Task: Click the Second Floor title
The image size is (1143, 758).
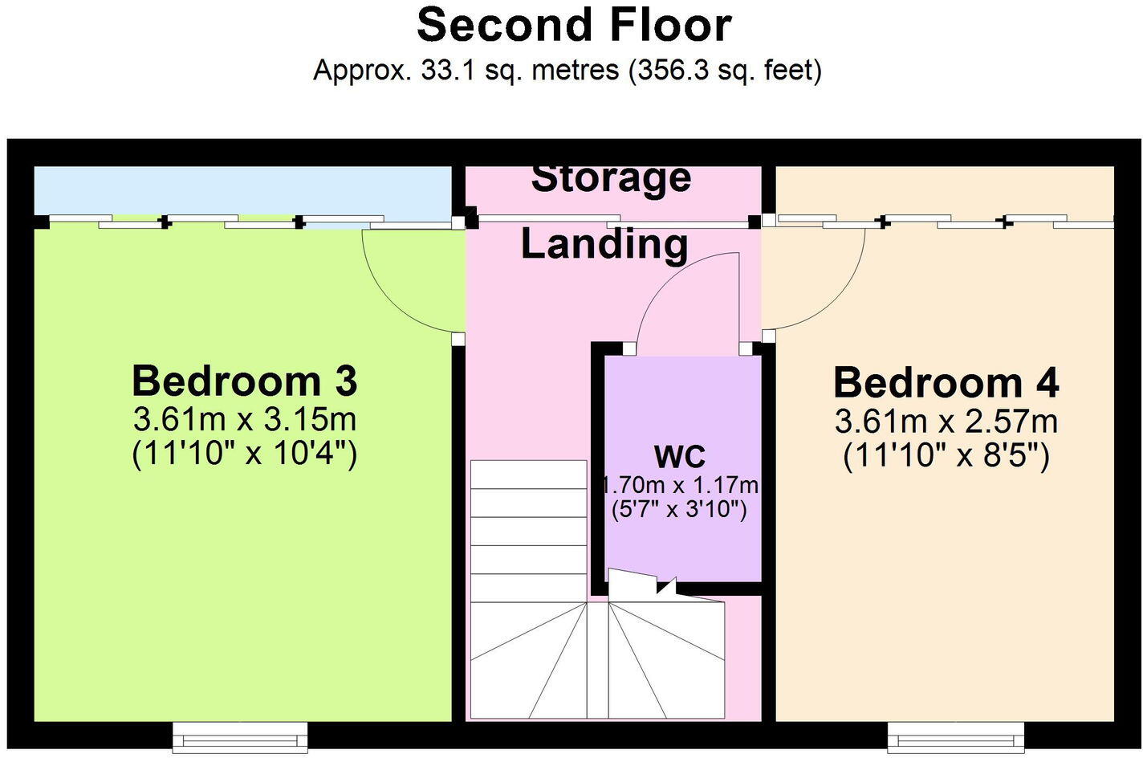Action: pyautogui.click(x=573, y=25)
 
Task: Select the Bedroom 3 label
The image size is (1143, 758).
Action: pyautogui.click(x=244, y=381)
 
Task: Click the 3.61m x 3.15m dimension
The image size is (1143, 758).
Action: pyautogui.click(x=244, y=419)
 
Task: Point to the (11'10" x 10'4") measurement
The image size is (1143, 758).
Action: pyautogui.click(x=244, y=454)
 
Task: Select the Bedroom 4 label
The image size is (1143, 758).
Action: pyautogui.click(x=946, y=383)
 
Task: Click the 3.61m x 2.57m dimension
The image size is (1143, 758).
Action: pyautogui.click(x=946, y=421)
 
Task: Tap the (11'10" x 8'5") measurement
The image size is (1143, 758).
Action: pyautogui.click(x=946, y=457)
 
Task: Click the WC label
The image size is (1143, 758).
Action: pyautogui.click(x=680, y=456)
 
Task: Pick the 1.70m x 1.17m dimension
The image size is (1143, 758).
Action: pyautogui.click(x=680, y=485)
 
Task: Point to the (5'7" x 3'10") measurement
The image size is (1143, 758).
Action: pyautogui.click(x=680, y=509)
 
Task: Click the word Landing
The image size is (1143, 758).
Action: pyautogui.click(x=604, y=244)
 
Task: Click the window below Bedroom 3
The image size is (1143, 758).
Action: pyautogui.click(x=240, y=736)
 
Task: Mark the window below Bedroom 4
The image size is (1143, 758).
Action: pyautogui.click(x=955, y=736)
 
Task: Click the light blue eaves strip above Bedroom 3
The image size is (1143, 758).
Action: pyautogui.click(x=241, y=191)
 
